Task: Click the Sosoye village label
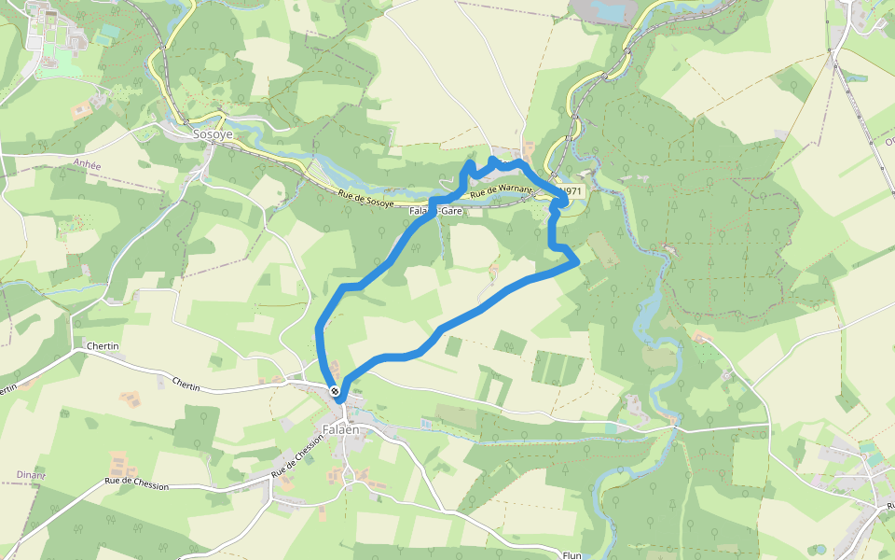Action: pos(213,134)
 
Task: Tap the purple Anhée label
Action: pos(86,162)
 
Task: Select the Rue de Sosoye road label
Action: pos(365,197)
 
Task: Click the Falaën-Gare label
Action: pos(436,211)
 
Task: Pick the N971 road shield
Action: pos(571,191)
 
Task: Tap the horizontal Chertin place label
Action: pos(103,346)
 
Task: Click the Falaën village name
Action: pos(340,429)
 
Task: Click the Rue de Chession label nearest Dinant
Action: pos(137,484)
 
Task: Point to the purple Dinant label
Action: pos(31,475)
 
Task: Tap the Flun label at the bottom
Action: pos(572,555)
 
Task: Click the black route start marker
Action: pos(334,391)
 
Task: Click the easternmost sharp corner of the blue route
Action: pos(579,260)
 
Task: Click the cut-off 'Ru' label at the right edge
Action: pos(885,506)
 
